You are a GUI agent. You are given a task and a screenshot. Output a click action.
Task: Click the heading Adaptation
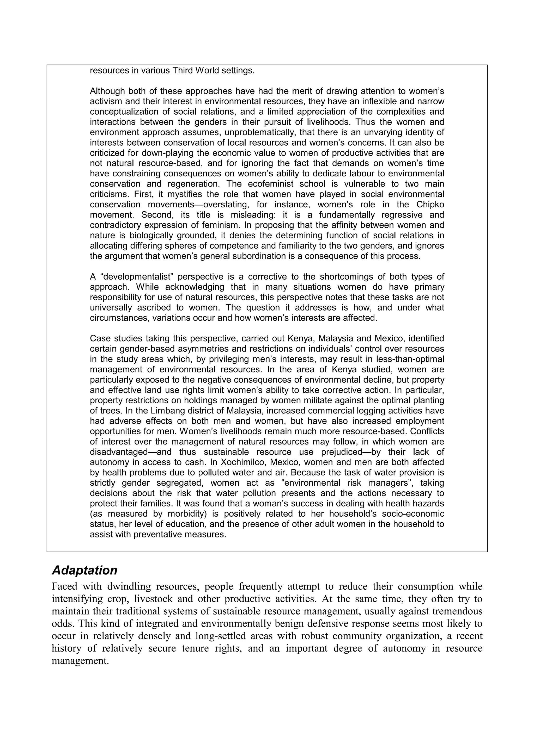coord(84,570)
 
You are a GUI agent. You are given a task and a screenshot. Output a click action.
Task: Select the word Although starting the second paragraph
coord(107,91)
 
